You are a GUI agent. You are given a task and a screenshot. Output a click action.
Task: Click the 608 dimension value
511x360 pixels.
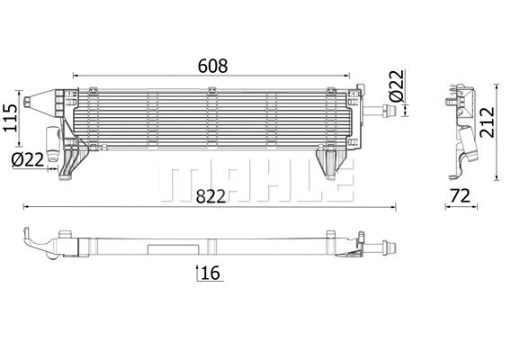point(212,66)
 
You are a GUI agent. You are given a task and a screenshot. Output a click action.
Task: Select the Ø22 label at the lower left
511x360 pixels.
point(29,159)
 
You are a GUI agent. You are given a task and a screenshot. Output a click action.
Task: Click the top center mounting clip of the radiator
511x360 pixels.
point(212,90)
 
